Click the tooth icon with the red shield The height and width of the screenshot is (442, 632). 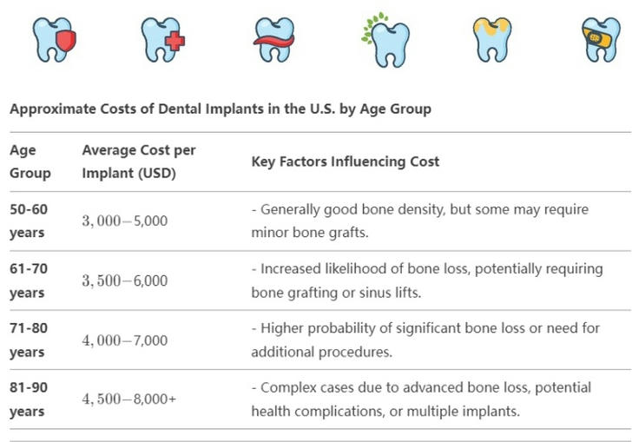click(55, 40)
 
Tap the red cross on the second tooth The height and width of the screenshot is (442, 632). click(175, 41)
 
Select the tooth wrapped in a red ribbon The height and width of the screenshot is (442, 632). click(273, 40)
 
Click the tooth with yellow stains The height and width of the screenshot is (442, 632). click(492, 40)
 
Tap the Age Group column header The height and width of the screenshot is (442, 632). click(30, 162)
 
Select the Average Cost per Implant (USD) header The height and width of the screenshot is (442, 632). click(139, 162)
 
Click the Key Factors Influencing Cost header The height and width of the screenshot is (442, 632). click(346, 162)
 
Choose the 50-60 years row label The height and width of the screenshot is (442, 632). click(29, 221)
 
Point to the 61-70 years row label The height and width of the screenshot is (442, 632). click(29, 280)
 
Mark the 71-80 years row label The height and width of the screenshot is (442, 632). click(29, 340)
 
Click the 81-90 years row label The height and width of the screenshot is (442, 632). click(29, 399)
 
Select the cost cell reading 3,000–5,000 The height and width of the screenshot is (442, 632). click(125, 221)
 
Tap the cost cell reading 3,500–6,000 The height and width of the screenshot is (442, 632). click(125, 280)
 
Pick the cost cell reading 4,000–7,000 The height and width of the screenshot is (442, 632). click(125, 340)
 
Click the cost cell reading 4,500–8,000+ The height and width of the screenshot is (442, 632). click(129, 399)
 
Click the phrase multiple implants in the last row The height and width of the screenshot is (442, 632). click(464, 412)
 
